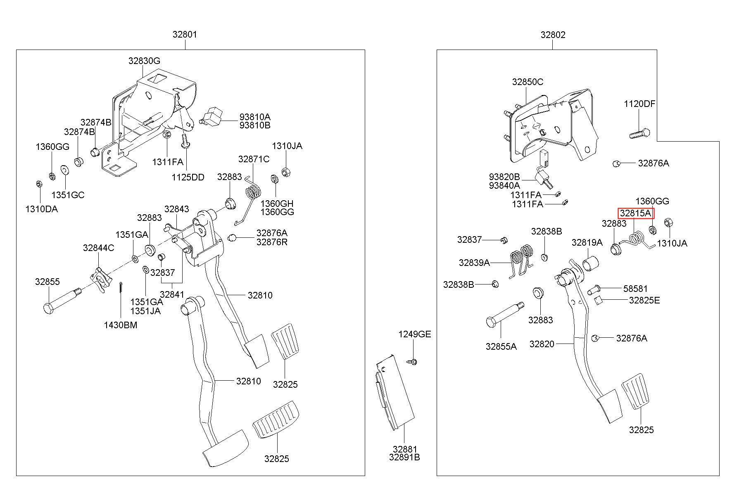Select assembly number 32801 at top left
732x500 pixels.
[185, 35]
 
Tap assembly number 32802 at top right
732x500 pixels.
[553, 35]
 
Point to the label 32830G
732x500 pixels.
[144, 61]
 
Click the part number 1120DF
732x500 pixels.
[640, 104]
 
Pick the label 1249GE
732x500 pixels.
[415, 334]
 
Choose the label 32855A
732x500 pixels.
[501, 346]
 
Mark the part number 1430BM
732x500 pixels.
[121, 325]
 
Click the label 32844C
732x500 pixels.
[99, 248]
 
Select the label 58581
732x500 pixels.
[636, 289]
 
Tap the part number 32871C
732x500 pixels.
[254, 159]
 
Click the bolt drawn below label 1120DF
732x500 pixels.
[639, 134]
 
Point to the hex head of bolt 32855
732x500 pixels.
[48, 308]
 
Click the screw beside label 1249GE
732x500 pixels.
[413, 362]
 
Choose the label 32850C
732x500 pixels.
[528, 82]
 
